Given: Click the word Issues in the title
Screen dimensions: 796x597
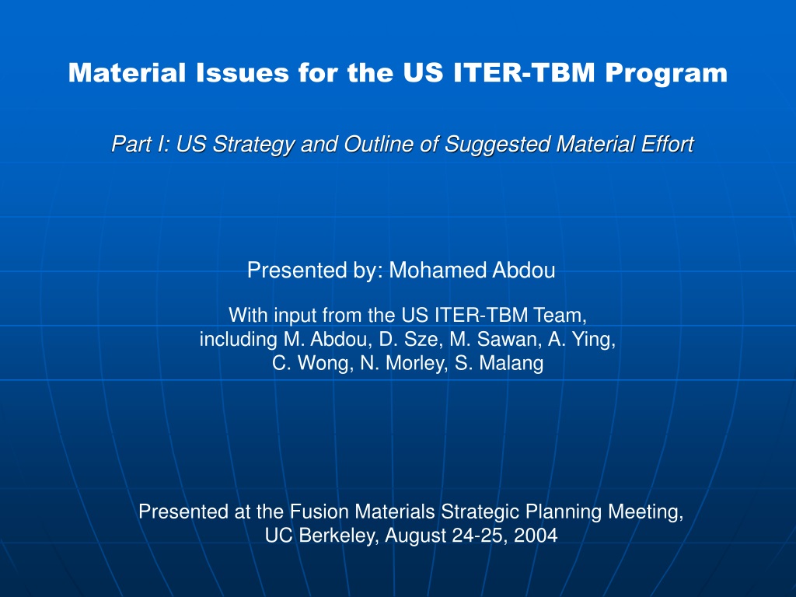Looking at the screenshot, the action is click(x=243, y=72).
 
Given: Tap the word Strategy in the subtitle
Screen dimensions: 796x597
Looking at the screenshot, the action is click(x=253, y=145).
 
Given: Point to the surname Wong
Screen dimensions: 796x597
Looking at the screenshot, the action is click(x=326, y=364).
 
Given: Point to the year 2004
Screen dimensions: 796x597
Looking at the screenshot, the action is click(x=536, y=536).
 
